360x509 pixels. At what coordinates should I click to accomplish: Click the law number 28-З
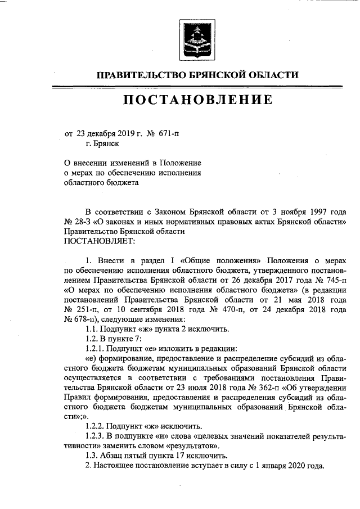(83, 222)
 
